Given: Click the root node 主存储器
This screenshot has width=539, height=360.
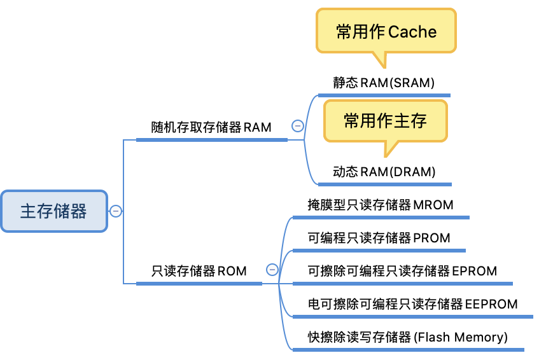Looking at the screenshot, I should pyautogui.click(x=53, y=211).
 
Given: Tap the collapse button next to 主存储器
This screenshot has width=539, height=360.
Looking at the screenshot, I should pyautogui.click(x=116, y=211).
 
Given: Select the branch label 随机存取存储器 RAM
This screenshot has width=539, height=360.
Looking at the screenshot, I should pyautogui.click(x=211, y=127).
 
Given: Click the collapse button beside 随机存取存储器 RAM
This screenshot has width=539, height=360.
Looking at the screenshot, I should pyautogui.click(x=297, y=126).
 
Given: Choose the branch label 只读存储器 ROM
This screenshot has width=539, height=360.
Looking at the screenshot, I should pyautogui.click(x=199, y=270).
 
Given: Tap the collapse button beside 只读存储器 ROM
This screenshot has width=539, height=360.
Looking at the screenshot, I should pyautogui.click(x=272, y=270).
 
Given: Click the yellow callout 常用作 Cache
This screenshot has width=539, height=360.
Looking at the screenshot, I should pyautogui.click(x=386, y=32).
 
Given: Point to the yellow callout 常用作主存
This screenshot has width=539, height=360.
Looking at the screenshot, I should pyautogui.click(x=385, y=121).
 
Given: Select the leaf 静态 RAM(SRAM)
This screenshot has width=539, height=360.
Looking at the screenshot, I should pyautogui.click(x=383, y=83).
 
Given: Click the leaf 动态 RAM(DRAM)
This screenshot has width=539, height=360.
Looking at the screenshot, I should pyautogui.click(x=384, y=172).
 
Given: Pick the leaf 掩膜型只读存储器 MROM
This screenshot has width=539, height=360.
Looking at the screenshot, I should pyautogui.click(x=381, y=205).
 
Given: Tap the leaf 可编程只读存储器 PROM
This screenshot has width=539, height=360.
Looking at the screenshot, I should pyautogui.click(x=379, y=238).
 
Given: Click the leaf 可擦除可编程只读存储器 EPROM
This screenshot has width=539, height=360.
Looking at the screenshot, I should pyautogui.click(x=402, y=271).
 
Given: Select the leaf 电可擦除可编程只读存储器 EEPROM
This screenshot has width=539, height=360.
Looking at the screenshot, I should pyautogui.click(x=412, y=304).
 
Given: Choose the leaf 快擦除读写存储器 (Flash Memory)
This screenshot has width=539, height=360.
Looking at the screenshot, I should pyautogui.click(x=407, y=337).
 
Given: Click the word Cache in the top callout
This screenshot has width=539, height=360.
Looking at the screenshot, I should pyautogui.click(x=412, y=32).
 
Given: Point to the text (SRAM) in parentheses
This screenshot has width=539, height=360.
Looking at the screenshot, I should pyautogui.click(x=412, y=83).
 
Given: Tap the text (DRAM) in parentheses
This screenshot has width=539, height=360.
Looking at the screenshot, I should pyautogui.click(x=412, y=172).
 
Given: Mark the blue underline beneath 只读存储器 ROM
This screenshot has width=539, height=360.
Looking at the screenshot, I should pyautogui.click(x=199, y=283).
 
